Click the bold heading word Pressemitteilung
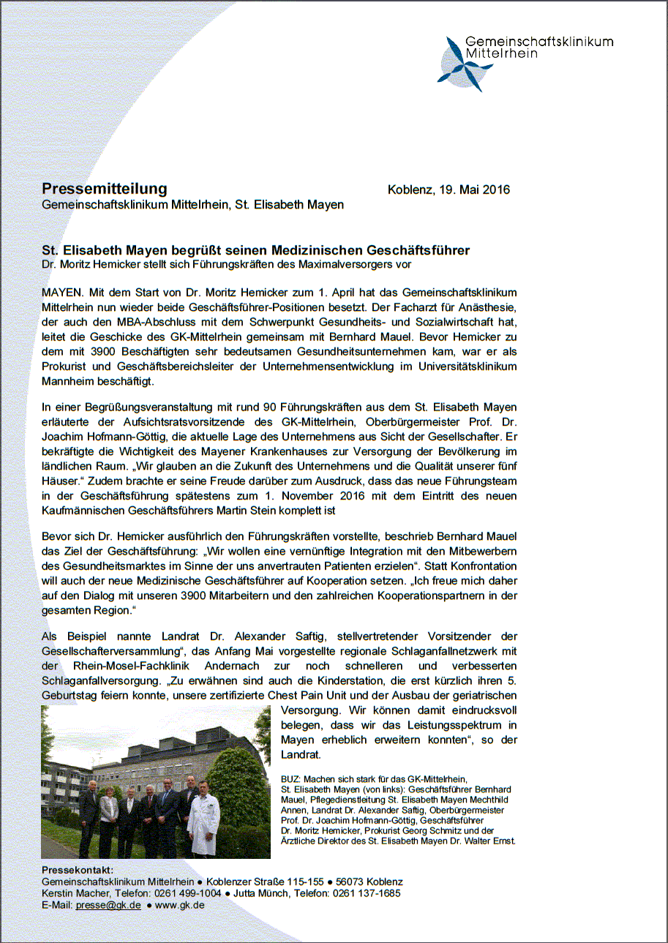tap(104, 189)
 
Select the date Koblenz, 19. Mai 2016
tap(448, 190)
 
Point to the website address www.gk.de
tap(179, 905)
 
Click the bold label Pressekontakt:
tap(78, 870)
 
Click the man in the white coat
tap(203, 819)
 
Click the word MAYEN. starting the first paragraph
tap(63, 290)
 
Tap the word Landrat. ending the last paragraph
tap(301, 754)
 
